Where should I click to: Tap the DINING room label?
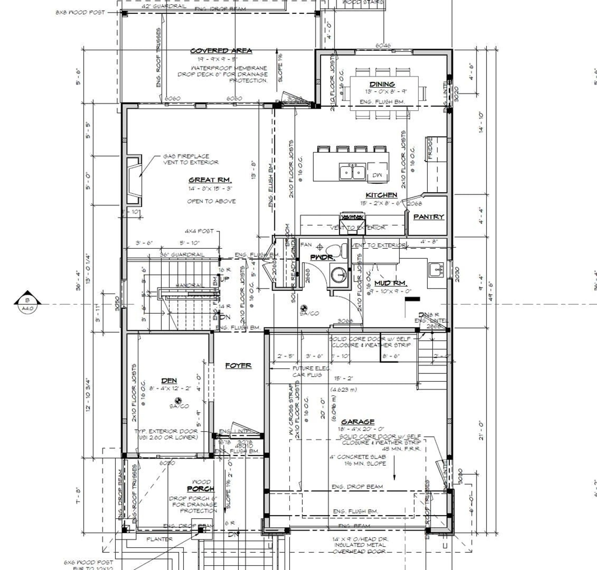[x=382, y=84]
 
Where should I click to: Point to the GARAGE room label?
[x=358, y=422]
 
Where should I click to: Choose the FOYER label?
[x=238, y=365]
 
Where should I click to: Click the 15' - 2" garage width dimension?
[x=343, y=378]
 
